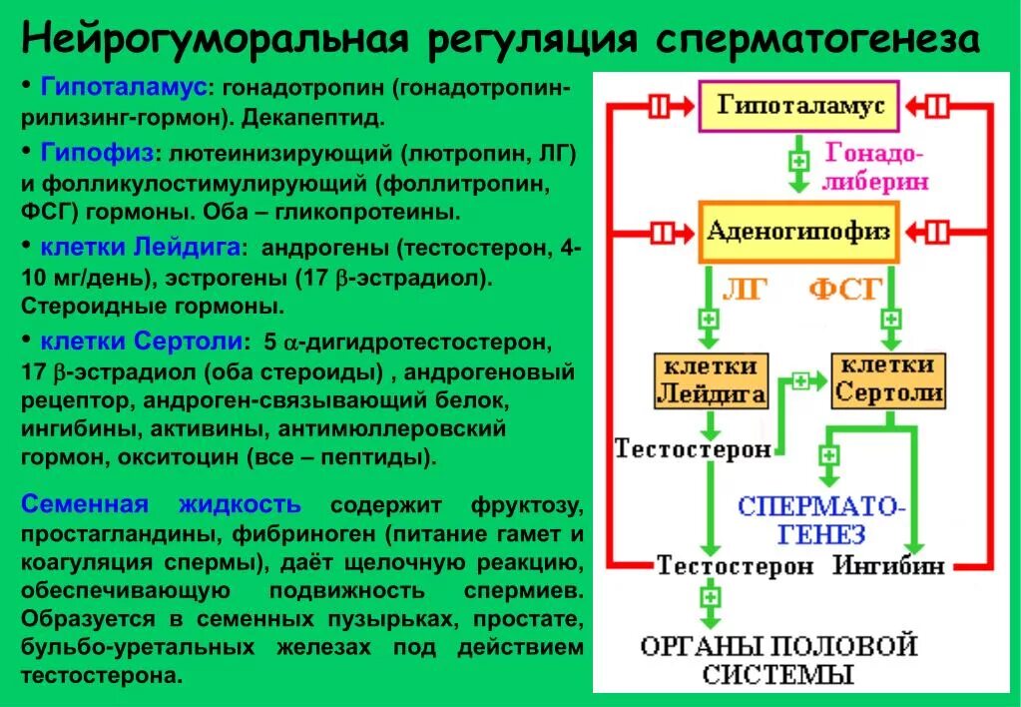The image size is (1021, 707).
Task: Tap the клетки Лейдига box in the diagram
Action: point(711,379)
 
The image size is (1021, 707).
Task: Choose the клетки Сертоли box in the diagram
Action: point(887,379)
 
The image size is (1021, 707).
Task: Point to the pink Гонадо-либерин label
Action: point(876,168)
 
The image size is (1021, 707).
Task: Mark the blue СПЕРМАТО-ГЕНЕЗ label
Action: point(821,518)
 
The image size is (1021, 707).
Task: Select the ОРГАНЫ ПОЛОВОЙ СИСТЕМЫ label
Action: point(778,658)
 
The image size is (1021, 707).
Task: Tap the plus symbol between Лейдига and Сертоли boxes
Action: point(799,380)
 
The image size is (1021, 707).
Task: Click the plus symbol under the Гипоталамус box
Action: point(797,161)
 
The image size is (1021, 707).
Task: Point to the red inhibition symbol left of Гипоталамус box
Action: point(660,107)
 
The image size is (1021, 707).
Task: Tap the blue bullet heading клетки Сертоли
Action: point(141,341)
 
